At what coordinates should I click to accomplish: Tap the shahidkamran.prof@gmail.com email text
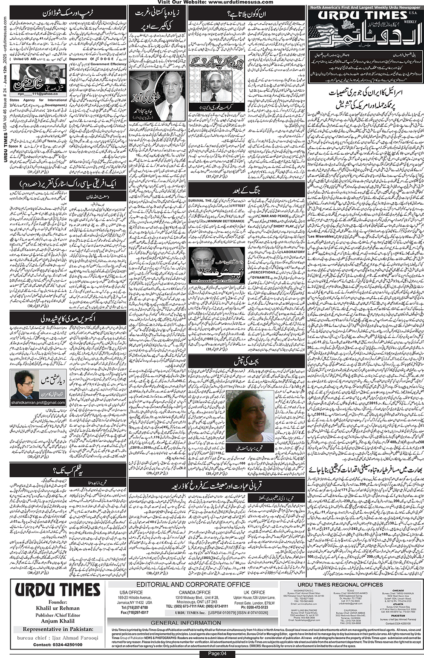(x=38, y=402)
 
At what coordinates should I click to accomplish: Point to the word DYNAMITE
(x=261, y=277)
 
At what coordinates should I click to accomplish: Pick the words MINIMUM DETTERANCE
(x=226, y=221)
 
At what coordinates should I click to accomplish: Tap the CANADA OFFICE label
(x=194, y=592)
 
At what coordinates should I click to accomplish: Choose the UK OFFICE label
(x=255, y=592)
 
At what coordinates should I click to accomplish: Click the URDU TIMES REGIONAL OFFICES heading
(x=340, y=584)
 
